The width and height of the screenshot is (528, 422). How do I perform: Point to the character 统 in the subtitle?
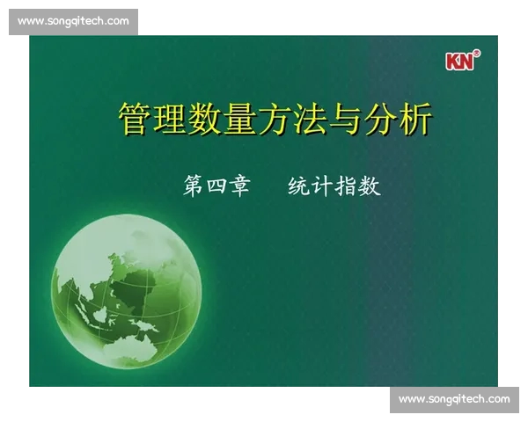(x=299, y=186)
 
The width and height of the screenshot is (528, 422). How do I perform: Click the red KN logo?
(x=458, y=62)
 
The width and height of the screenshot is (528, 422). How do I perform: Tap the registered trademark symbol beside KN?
(x=476, y=55)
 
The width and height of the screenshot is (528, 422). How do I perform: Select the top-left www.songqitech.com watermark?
(x=73, y=21)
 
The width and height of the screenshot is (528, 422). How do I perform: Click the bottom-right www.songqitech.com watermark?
(x=454, y=399)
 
